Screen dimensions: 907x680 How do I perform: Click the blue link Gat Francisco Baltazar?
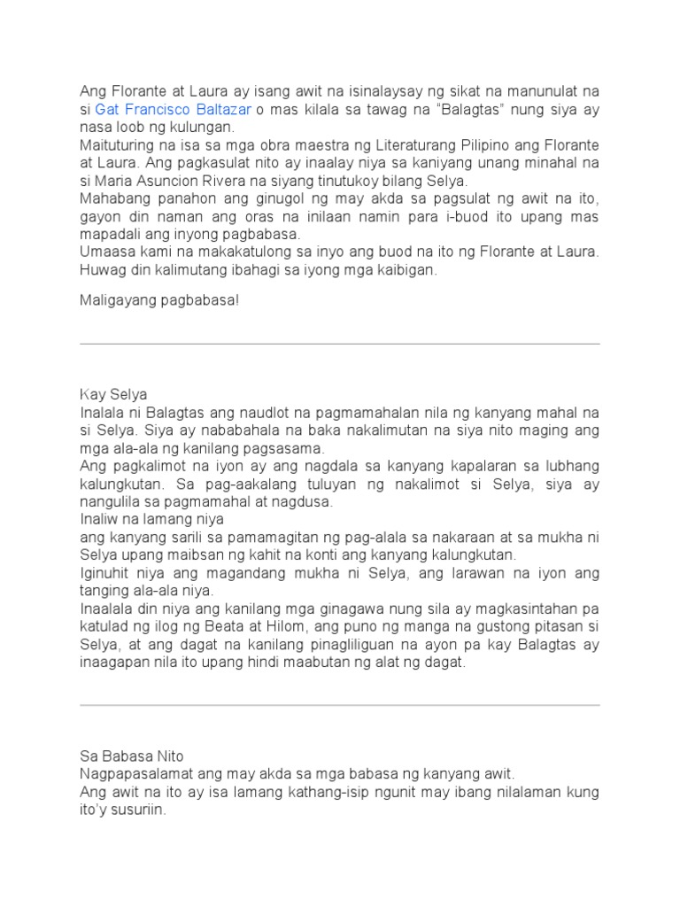[173, 109]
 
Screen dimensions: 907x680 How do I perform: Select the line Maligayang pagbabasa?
[159, 300]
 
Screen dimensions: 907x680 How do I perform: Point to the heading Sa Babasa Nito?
[132, 756]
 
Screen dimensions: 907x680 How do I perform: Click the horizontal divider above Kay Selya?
[340, 344]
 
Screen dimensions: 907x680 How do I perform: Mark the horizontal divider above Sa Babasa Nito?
[340, 705]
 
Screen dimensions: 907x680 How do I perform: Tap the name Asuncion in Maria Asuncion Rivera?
[168, 181]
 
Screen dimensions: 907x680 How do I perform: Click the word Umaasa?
[105, 252]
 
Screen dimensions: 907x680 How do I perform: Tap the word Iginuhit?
[107, 572]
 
